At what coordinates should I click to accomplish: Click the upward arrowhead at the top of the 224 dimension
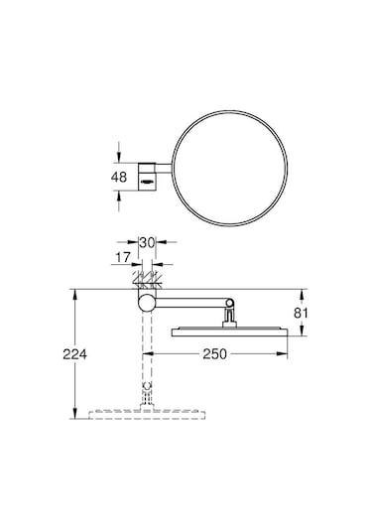click(x=75, y=293)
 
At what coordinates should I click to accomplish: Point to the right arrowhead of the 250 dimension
click(x=288, y=351)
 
